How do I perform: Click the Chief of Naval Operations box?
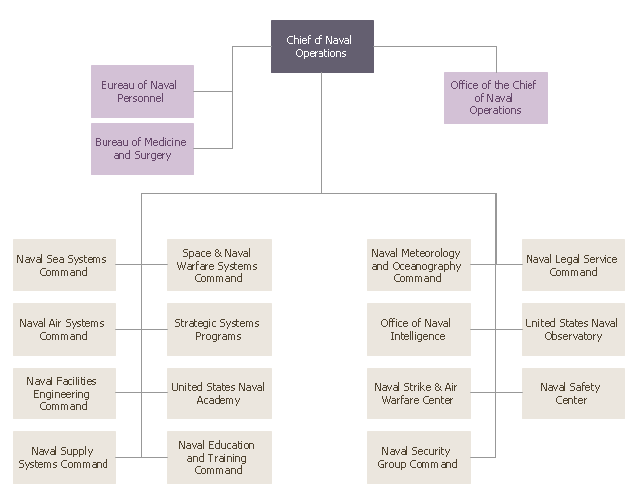click(322, 47)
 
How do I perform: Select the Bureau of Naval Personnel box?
click(142, 92)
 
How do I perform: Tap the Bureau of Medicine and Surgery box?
click(142, 149)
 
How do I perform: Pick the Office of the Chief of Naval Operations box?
click(495, 98)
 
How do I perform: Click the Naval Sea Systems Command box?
click(65, 265)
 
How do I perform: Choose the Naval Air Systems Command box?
click(65, 329)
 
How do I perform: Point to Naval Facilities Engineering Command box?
click(65, 393)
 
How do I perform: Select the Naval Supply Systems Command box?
click(65, 457)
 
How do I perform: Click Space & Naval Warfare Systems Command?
click(219, 265)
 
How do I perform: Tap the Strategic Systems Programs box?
click(219, 329)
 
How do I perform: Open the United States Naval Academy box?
click(219, 393)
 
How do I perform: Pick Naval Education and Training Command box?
click(219, 457)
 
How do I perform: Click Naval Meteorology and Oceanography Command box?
click(418, 265)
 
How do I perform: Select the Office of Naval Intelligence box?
click(418, 329)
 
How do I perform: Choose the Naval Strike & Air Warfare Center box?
click(418, 393)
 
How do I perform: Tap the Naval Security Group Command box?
click(418, 457)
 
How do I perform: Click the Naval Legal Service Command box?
click(573, 265)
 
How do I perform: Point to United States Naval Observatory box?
click(573, 329)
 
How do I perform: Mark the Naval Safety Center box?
click(573, 393)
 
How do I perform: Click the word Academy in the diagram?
click(219, 400)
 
